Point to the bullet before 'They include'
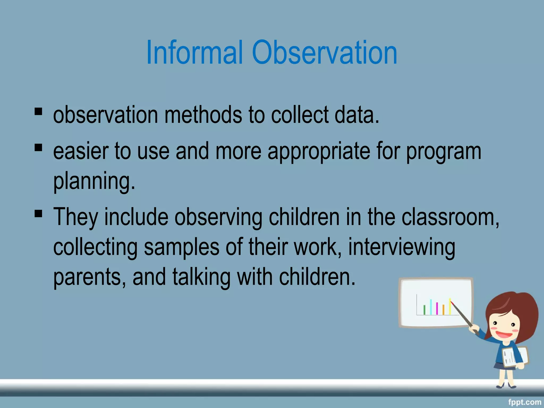click(x=39, y=213)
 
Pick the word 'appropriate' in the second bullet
click(x=319, y=152)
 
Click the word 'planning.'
click(x=94, y=181)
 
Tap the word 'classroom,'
click(x=450, y=217)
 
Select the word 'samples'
click(x=181, y=247)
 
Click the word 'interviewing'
click(x=402, y=248)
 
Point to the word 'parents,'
click(x=90, y=278)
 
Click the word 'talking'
click(x=201, y=277)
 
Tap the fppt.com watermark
click(x=525, y=402)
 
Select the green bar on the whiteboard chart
click(x=424, y=310)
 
